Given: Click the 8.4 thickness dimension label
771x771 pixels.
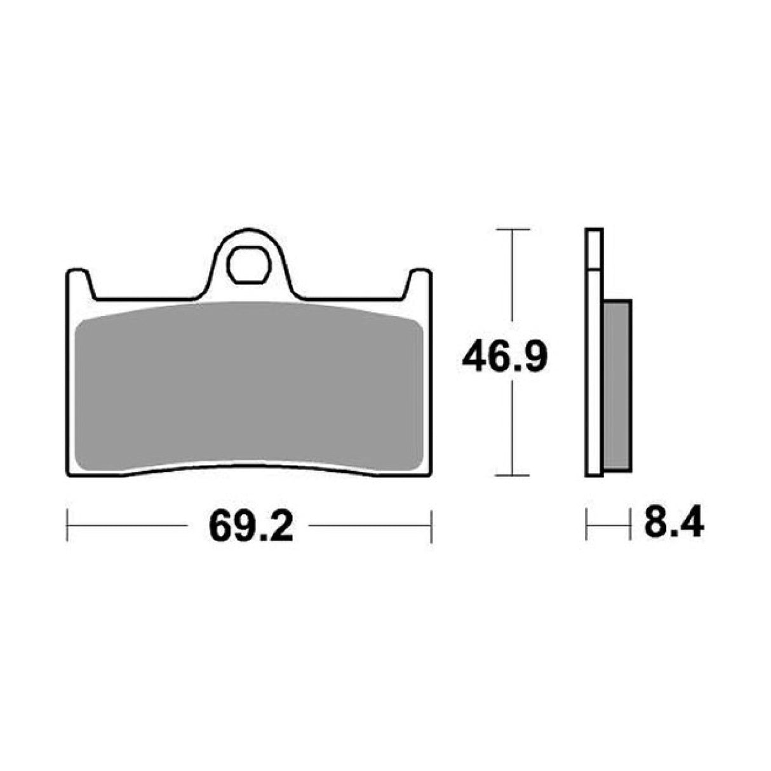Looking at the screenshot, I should (673, 525).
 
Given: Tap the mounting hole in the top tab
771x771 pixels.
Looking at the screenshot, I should (248, 265).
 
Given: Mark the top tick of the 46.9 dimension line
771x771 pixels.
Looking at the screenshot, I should (512, 229).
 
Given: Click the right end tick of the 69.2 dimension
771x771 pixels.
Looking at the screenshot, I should (431, 525).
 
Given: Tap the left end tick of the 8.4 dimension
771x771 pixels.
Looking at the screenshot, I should (586, 525).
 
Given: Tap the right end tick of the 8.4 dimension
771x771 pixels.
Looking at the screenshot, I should (629, 525).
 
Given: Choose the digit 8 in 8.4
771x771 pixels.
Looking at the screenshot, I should (654, 525).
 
